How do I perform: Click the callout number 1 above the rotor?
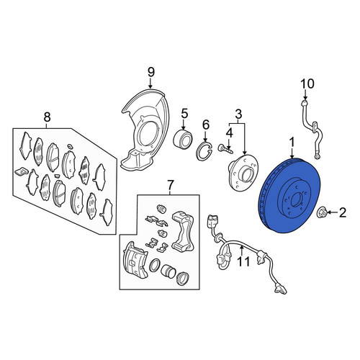click(292, 143)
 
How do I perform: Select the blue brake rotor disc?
click(289, 196)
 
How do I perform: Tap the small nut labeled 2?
click(320, 212)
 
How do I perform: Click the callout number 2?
click(342, 212)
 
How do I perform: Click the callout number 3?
click(238, 114)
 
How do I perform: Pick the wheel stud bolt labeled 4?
click(225, 149)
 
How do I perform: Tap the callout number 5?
click(184, 114)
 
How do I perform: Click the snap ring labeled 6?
click(204, 152)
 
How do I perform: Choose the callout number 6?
click(206, 125)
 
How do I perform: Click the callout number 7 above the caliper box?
click(170, 185)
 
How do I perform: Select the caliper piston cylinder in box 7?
click(168, 271)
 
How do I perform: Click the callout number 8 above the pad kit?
click(48, 117)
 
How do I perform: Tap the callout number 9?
click(150, 73)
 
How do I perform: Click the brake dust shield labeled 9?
click(145, 130)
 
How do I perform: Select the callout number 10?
click(307, 84)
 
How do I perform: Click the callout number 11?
click(243, 261)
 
